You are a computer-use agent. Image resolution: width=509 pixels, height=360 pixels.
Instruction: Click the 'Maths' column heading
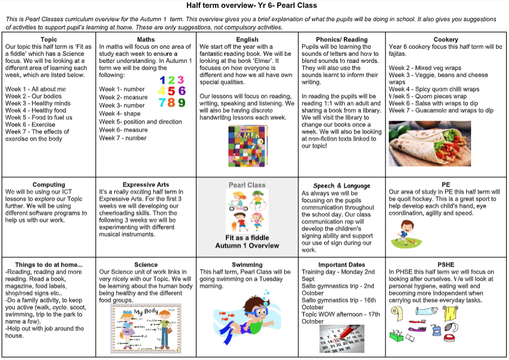point(146,40)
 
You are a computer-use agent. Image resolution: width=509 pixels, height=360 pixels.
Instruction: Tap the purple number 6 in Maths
point(181,91)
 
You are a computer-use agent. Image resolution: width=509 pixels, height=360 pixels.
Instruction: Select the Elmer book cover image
point(247,146)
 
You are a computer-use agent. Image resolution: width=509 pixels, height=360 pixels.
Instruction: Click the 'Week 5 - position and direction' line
point(140,122)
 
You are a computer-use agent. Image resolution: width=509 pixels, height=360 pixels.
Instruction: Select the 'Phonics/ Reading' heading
point(341,40)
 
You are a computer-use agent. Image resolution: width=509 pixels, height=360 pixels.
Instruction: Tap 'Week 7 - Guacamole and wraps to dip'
point(441,110)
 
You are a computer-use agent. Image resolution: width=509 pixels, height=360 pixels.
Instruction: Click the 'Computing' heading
point(49,185)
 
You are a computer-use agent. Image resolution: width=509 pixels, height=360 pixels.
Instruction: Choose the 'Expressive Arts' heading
point(146,185)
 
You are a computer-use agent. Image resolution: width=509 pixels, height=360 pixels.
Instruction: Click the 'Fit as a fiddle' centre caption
point(247,238)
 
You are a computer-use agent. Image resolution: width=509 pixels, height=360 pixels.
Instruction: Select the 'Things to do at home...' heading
point(49,265)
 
